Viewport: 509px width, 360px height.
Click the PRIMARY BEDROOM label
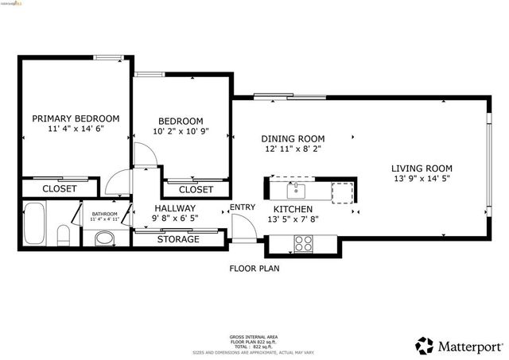[76, 118]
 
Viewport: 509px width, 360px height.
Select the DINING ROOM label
[293, 137]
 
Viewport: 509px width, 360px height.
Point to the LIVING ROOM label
[422, 168]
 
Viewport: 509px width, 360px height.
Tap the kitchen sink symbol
[295, 190]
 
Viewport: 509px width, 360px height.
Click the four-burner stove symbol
[304, 244]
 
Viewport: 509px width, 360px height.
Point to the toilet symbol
[64, 236]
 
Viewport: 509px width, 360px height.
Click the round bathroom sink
[104, 238]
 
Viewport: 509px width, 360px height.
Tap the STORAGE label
[177, 239]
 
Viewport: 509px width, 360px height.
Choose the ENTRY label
[243, 208]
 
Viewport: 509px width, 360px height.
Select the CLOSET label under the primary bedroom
[59, 188]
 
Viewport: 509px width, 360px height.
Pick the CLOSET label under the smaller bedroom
[196, 190]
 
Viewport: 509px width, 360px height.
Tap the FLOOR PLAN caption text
[254, 269]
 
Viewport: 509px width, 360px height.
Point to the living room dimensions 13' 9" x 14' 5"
[422, 180]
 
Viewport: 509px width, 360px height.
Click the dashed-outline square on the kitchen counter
[342, 192]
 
